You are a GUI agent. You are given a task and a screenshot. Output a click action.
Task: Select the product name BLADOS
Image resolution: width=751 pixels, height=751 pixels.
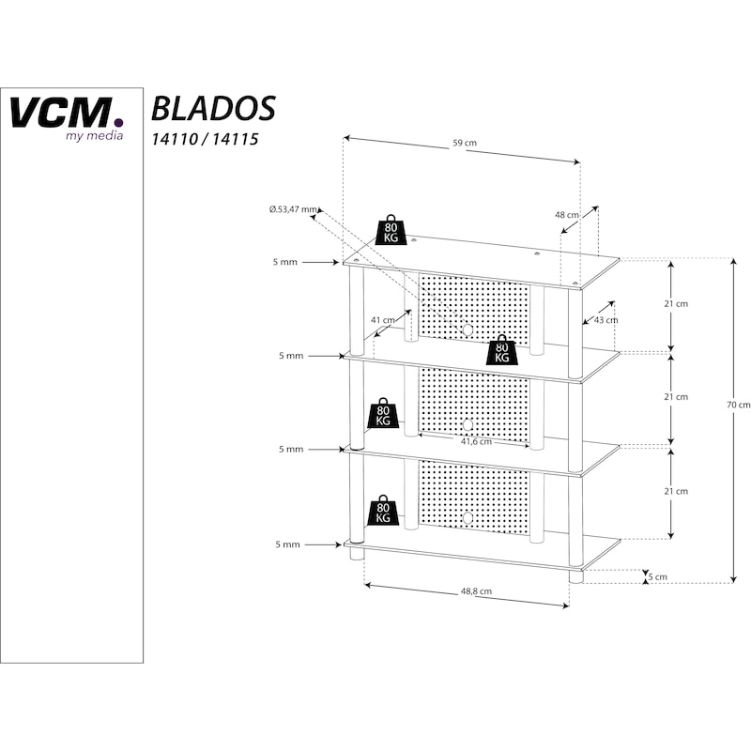213,108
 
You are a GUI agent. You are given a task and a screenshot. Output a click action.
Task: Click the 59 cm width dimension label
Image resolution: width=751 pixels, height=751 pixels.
465,144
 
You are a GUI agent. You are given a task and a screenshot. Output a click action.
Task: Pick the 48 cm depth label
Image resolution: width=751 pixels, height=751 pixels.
566,215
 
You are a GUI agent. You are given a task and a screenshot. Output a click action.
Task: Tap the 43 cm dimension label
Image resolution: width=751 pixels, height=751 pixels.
606,320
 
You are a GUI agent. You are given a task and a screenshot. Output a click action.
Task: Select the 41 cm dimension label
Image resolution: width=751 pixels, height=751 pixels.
382,320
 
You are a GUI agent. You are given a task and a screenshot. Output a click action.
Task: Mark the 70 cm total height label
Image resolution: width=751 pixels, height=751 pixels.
739,405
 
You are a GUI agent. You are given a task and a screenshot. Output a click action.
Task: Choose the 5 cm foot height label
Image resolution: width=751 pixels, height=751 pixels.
661,577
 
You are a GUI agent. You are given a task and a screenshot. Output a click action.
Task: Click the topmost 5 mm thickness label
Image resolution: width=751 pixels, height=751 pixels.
285,262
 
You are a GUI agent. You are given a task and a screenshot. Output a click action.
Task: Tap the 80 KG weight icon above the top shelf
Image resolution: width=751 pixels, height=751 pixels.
391,231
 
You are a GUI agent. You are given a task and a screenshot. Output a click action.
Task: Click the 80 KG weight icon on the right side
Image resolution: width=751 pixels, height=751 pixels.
501,350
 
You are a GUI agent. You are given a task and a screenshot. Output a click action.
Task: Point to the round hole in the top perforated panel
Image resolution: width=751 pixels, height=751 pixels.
467,330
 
